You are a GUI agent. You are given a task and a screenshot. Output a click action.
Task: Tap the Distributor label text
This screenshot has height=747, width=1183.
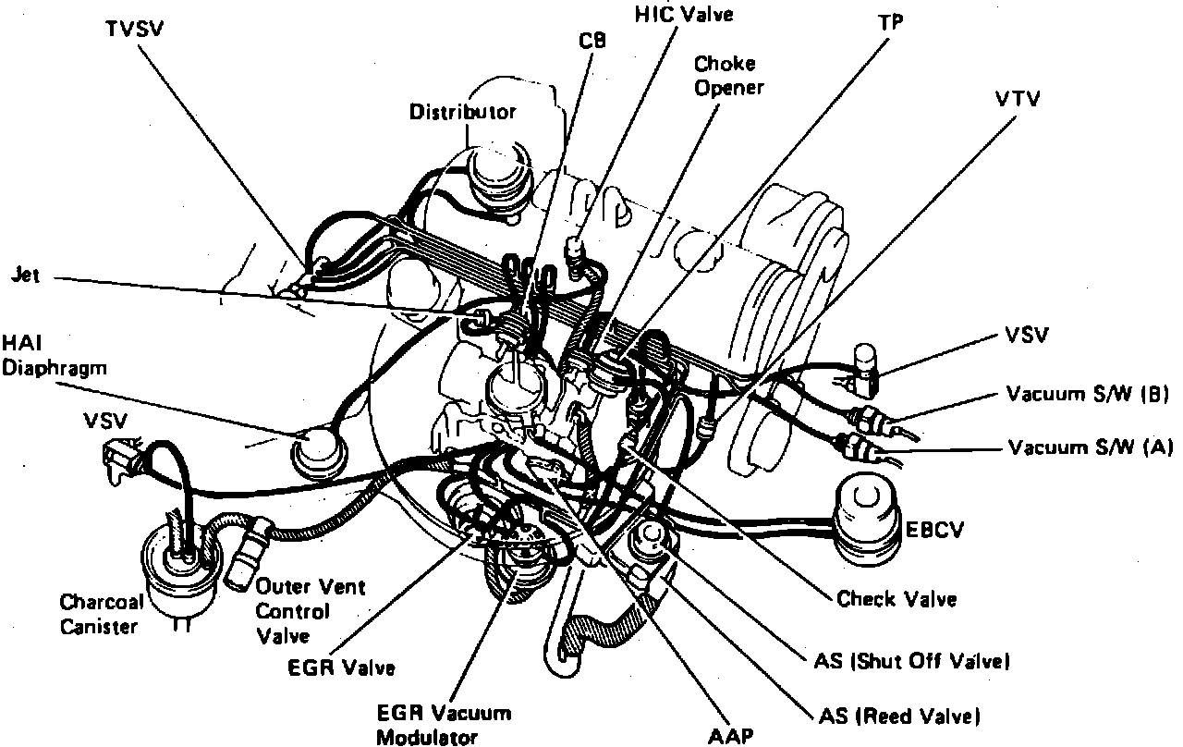pyautogui.click(x=462, y=112)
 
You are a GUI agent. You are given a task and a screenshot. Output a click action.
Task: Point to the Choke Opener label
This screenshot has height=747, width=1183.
pyautogui.click(x=725, y=75)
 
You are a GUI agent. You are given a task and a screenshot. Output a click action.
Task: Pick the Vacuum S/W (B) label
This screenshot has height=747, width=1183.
pyautogui.click(x=1088, y=396)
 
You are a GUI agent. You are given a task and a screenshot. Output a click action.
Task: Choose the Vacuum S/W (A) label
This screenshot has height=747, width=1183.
pyautogui.click(x=1089, y=448)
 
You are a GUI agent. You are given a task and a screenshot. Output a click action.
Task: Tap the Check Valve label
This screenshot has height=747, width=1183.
pyautogui.click(x=896, y=599)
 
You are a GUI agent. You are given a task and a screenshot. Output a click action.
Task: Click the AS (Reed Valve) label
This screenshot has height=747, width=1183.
pyautogui.click(x=899, y=716)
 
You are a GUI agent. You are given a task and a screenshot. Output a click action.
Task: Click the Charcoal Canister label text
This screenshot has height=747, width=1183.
pyautogui.click(x=102, y=615)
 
